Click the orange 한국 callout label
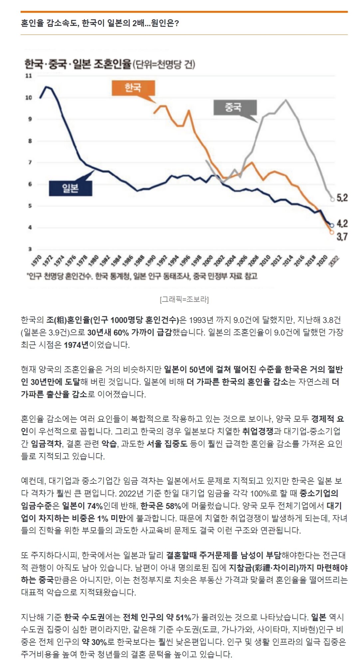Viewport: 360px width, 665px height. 133,88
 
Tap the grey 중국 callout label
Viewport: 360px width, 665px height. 235,107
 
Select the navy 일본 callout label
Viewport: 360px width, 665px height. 70,188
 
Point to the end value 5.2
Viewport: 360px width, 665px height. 342,198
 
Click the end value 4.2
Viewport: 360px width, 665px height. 342,223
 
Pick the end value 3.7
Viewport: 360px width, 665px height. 342,237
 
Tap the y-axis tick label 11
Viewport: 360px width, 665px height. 29,76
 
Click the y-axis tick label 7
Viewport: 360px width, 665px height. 30,163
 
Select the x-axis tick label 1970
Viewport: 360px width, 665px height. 36,260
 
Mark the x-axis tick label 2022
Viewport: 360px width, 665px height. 334,260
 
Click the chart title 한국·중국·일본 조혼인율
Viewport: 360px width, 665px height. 78,64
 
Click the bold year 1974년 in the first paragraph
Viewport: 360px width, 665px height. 76,345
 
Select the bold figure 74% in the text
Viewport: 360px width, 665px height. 95,506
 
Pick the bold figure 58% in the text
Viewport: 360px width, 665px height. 173,506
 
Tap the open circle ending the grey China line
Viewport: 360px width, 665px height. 332,199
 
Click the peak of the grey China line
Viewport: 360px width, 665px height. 285,99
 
